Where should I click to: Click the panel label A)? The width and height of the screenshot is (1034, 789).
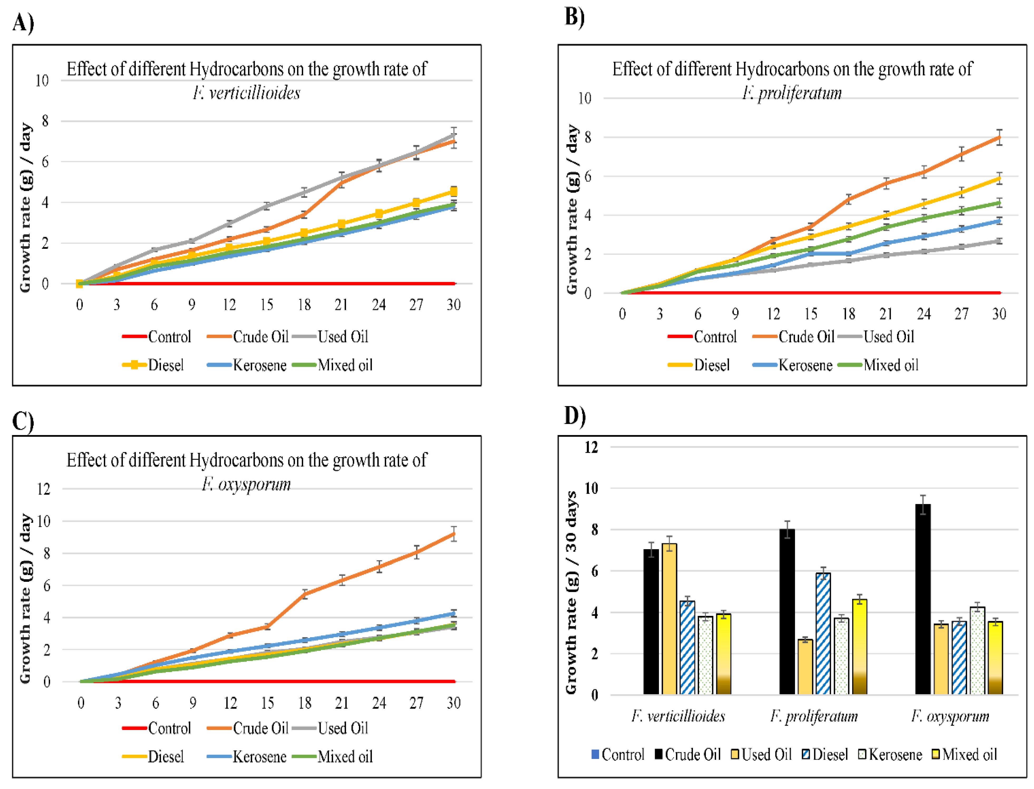click(x=23, y=23)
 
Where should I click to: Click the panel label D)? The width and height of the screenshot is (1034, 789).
click(x=575, y=415)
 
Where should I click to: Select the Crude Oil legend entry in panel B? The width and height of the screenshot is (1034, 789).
click(x=793, y=337)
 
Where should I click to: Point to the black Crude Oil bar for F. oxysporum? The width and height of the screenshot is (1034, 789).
click(x=923, y=599)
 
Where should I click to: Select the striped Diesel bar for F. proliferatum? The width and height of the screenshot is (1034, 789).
click(x=823, y=634)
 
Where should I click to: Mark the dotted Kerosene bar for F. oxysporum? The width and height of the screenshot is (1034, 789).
click(x=977, y=651)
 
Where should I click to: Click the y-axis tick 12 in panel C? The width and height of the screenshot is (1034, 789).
click(x=44, y=489)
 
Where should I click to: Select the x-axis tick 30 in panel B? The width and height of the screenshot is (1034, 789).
click(x=999, y=314)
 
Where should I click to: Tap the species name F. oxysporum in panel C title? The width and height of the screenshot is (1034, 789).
click(x=246, y=484)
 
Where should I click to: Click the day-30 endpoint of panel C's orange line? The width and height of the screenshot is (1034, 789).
click(x=453, y=534)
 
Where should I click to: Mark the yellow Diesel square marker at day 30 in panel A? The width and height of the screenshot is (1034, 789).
click(x=453, y=191)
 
